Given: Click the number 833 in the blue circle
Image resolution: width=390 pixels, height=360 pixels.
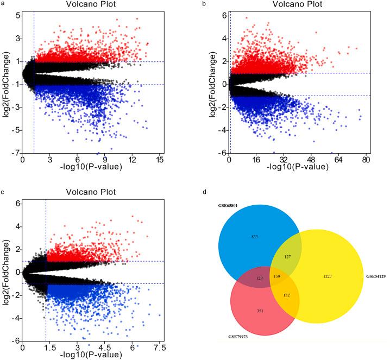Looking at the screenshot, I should click(x=255, y=238).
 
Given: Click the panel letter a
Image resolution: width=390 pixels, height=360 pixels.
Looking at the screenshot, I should click(x=3, y=4).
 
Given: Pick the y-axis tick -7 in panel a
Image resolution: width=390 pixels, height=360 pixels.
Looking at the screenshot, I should click(x=16, y=153).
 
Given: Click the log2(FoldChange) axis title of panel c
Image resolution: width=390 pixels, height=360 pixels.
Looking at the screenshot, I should click(x=7, y=269).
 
